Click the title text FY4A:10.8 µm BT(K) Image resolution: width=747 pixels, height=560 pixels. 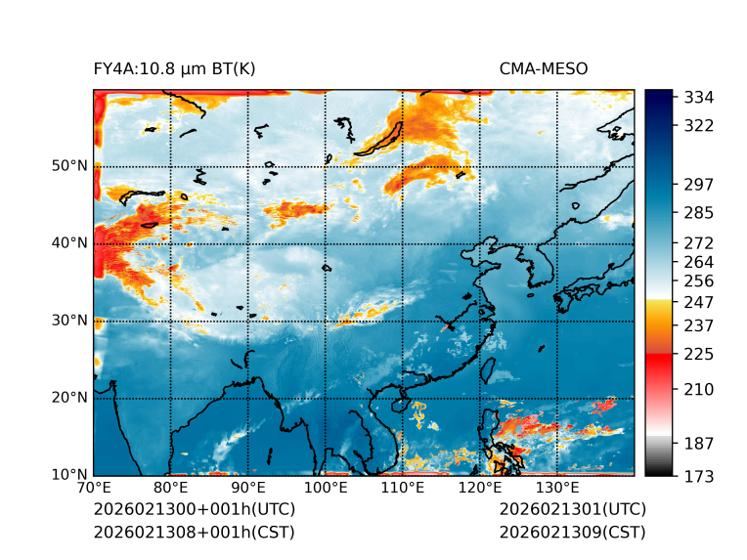pyautogui.click(x=175, y=68)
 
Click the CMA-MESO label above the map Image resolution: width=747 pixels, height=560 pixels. pyautogui.click(x=543, y=68)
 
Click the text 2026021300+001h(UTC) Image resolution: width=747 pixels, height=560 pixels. pyautogui.click(x=194, y=510)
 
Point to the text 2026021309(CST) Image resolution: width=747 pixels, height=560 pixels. pyautogui.click(x=572, y=533)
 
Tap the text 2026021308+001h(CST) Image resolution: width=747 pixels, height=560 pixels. pyautogui.click(x=194, y=533)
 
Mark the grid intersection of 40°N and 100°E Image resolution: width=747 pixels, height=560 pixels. pyautogui.click(x=326, y=243)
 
